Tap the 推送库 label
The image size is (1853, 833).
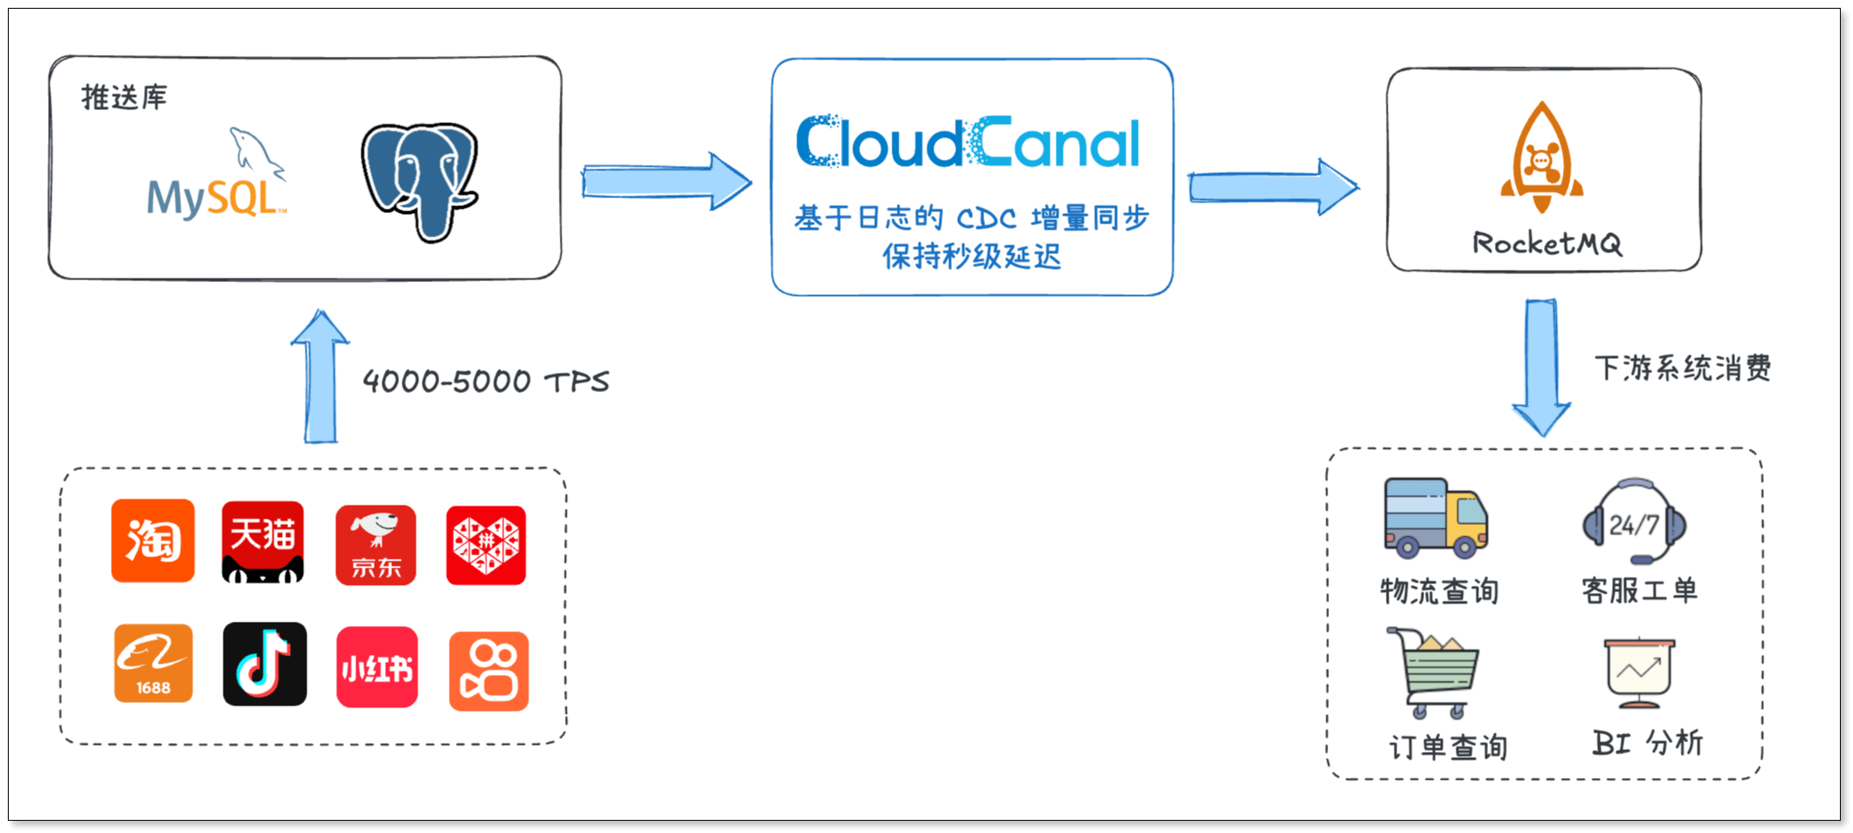pos(124,97)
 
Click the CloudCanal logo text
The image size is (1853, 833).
pos(968,142)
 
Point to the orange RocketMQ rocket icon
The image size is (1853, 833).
pos(1542,157)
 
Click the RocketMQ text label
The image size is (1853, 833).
pos(1546,244)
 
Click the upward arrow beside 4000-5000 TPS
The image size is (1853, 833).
pos(320,377)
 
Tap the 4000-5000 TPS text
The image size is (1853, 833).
pos(486,382)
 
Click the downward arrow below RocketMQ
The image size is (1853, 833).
pos(1541,368)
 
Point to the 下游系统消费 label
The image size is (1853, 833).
pos(1683,368)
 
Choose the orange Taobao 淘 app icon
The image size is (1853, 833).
pos(153,540)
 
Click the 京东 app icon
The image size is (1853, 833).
pos(375,545)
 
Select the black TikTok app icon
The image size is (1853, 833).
pos(265,664)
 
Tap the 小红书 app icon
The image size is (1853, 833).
pos(377,667)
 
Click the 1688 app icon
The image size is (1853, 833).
pos(154,663)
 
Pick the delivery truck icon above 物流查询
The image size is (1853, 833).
pos(1436,518)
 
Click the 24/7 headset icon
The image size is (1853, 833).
pos(1635,522)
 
